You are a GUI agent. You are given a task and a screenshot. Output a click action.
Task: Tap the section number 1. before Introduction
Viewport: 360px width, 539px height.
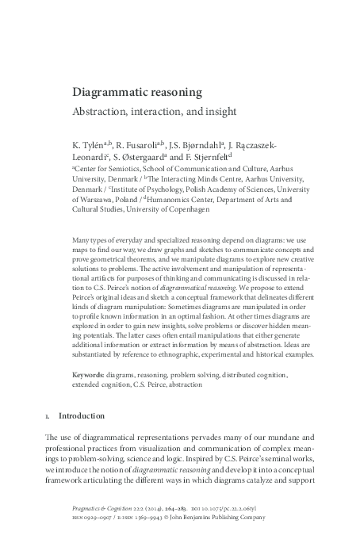click(49, 415)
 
